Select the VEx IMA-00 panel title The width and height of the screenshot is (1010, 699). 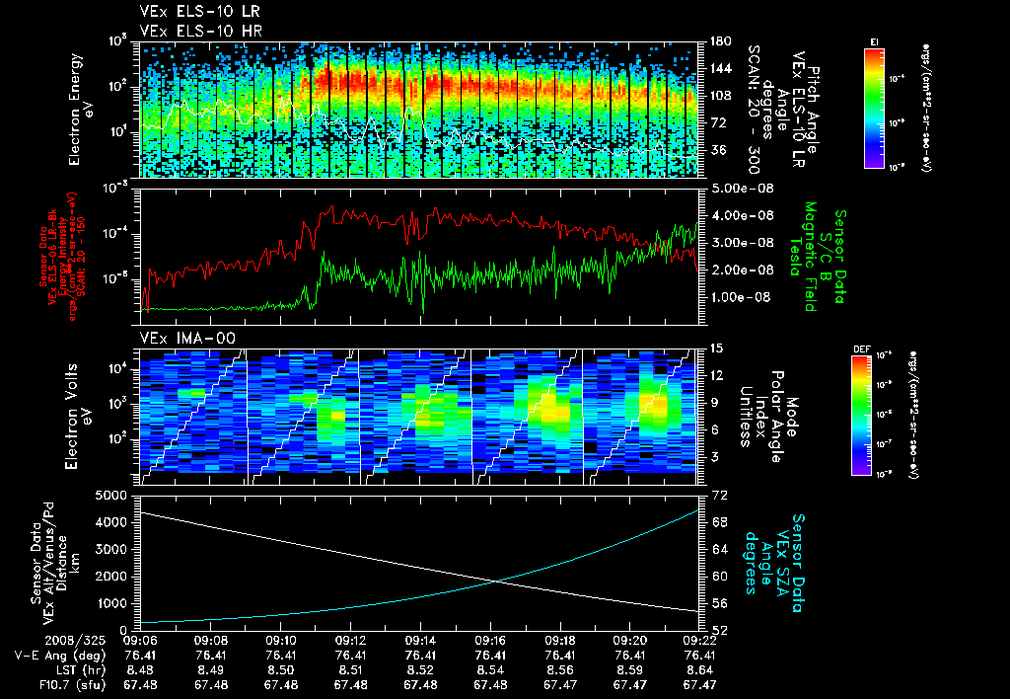coord(178,339)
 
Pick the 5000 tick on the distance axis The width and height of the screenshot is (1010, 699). coord(113,495)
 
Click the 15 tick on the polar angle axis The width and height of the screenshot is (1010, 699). coord(713,349)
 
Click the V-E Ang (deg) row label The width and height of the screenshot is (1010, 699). coord(53,655)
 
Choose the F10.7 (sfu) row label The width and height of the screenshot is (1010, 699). coord(59,684)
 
